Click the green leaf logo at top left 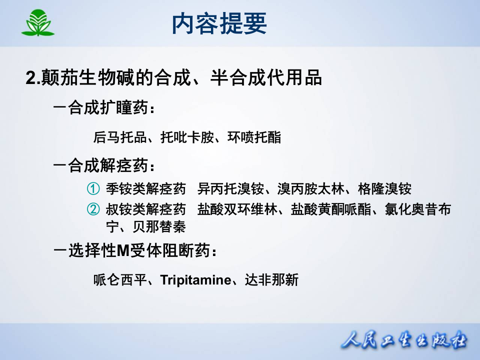pos(37,23)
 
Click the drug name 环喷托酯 pos(254,137)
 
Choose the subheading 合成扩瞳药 pos(109,108)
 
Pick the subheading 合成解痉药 pos(109,165)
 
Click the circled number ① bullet pos(93,189)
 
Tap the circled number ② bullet pos(93,209)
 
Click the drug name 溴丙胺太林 pos(310,189)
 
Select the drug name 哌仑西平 pos(120,280)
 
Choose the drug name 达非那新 pos(271,280)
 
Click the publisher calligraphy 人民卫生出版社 pos(404,342)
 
